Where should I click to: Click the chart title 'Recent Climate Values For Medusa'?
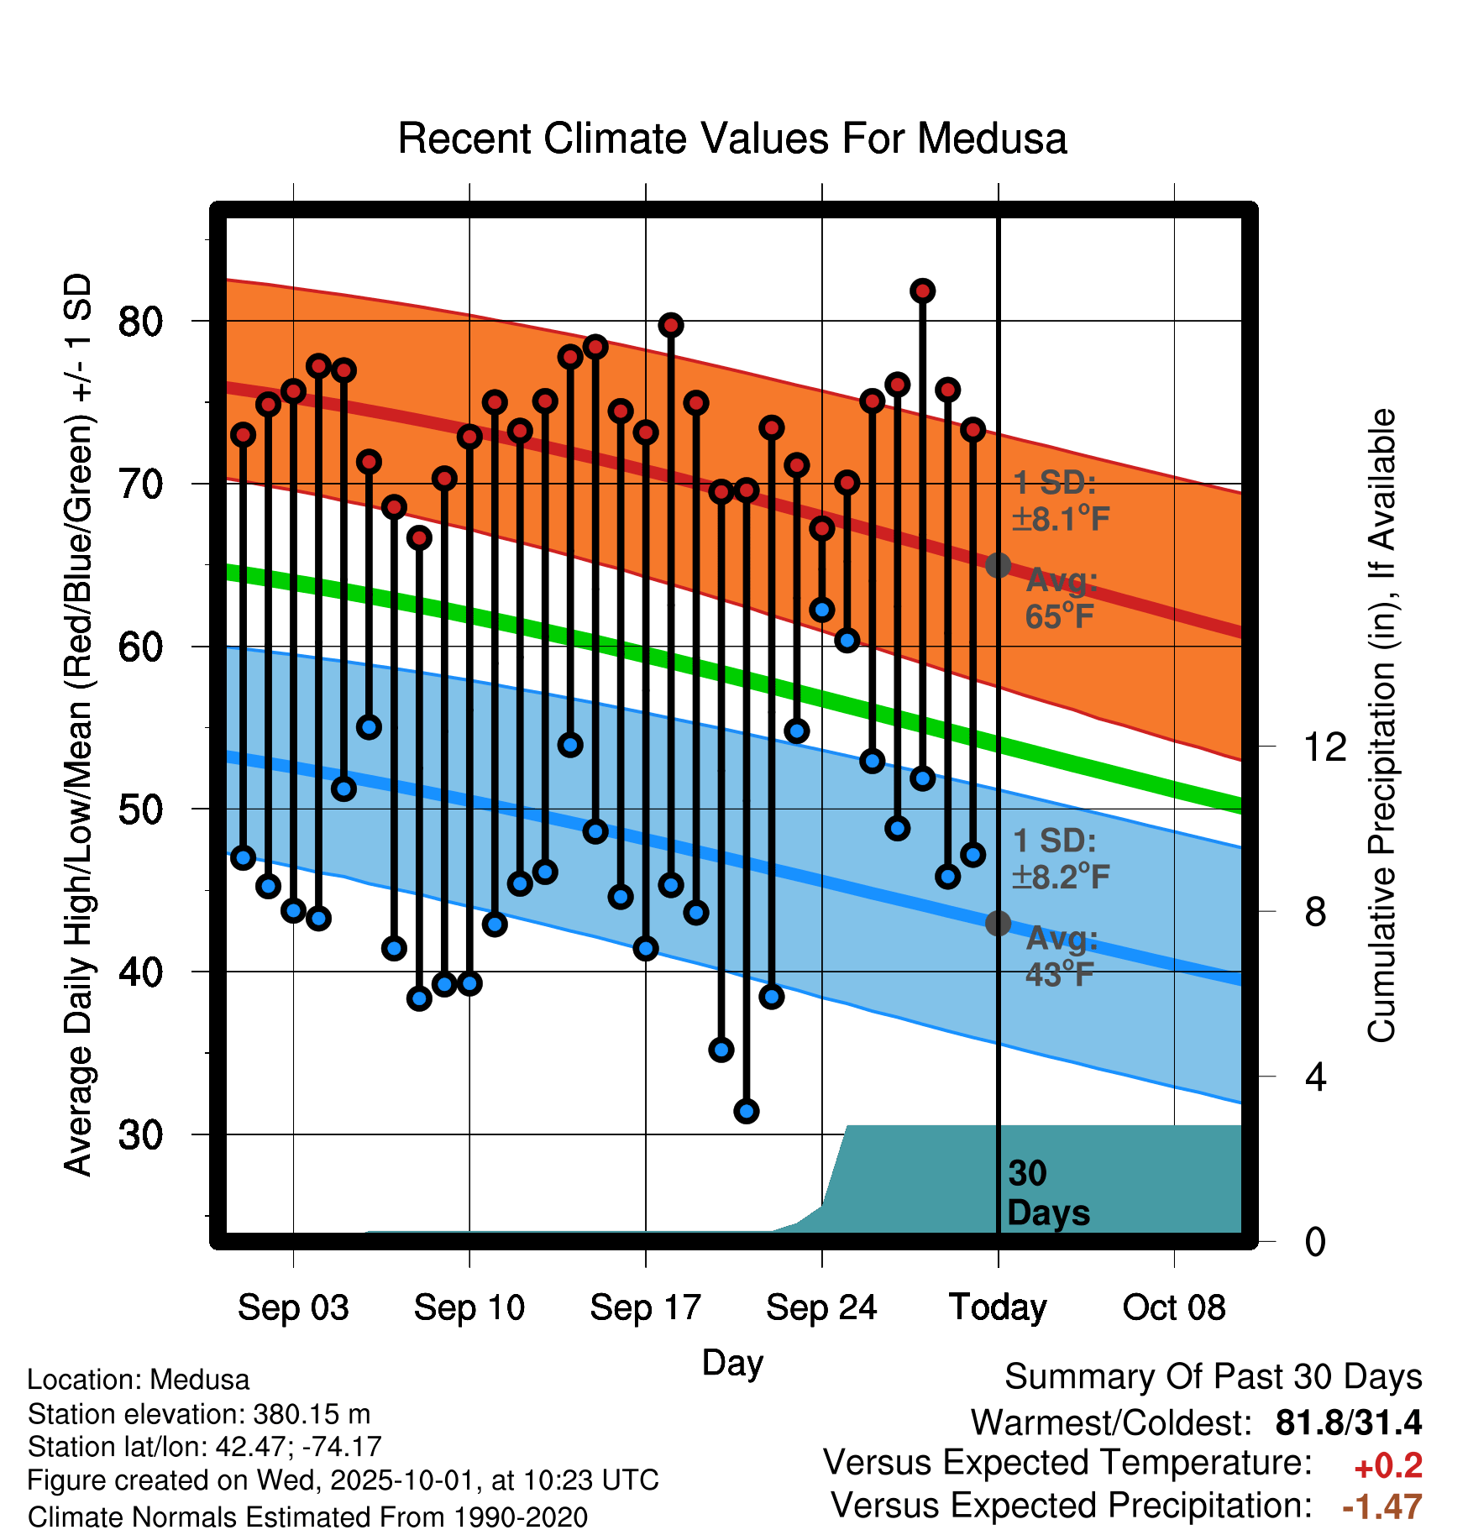[x=731, y=139]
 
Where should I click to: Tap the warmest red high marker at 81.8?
[x=922, y=291]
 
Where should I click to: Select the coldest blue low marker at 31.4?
[x=746, y=1111]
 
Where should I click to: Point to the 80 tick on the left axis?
[x=140, y=322]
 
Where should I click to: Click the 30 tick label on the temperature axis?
[x=140, y=1135]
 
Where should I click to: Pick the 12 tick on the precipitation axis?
[x=1324, y=747]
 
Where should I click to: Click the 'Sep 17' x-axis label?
[x=645, y=1307]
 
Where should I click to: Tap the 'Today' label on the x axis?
[x=998, y=1307]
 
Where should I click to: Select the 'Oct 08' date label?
[x=1173, y=1307]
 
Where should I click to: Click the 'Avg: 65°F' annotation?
[x=1061, y=599]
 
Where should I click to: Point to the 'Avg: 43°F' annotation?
[x=1061, y=956]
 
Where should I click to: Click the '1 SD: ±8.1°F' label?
[x=1061, y=501]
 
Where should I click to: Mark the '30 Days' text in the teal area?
[x=1047, y=1193]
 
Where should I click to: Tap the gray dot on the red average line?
[x=998, y=565]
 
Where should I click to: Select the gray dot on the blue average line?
[x=998, y=923]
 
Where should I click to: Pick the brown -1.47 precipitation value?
[x=1381, y=1507]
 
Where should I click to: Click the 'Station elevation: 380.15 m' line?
[x=199, y=1414]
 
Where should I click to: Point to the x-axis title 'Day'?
[x=732, y=1362]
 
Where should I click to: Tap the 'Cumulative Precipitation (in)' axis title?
[x=1381, y=726]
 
